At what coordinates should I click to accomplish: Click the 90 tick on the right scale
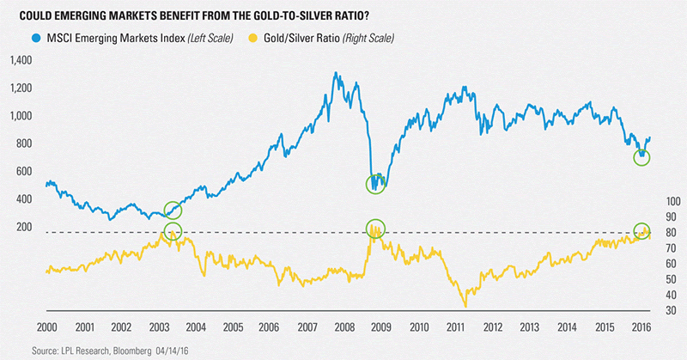pos(670,216)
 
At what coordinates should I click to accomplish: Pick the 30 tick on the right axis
pos(670,308)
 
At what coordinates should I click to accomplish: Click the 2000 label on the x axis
pos(48,326)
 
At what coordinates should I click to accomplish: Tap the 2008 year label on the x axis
pos(344,326)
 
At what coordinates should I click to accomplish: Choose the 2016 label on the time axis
pos(640,326)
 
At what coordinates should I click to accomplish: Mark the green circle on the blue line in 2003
pos(173,210)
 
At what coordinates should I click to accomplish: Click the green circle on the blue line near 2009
pos(375,184)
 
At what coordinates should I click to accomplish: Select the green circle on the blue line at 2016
pos(641,157)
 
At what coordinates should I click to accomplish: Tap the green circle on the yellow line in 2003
pos(173,230)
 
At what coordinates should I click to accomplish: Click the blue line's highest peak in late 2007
pos(334,74)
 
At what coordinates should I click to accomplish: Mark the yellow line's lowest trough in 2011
pos(465,306)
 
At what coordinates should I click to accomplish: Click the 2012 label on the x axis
pos(492,326)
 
